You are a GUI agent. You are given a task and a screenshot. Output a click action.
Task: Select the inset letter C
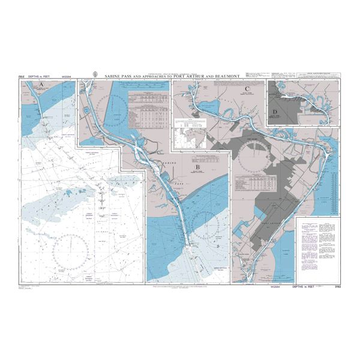coord(247,86)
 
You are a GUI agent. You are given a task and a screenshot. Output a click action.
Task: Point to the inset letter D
coord(274,112)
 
